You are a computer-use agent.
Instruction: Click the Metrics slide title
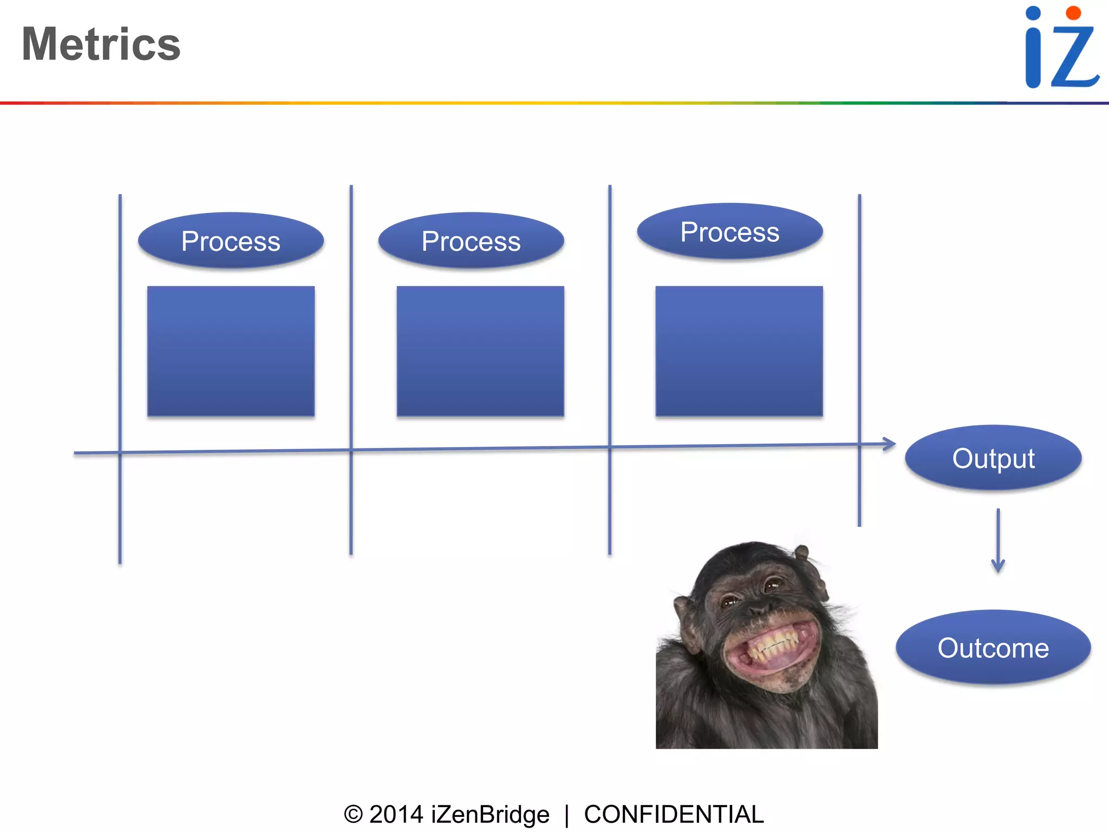101,44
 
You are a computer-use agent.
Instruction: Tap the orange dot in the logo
1073,13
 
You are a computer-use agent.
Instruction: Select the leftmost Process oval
231,240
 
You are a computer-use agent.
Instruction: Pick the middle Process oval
471,240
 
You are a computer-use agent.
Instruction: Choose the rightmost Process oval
730,231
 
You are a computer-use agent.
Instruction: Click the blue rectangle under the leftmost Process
231,351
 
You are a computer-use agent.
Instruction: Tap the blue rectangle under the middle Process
480,351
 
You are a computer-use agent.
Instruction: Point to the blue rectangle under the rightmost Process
739,351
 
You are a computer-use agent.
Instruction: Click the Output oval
993,458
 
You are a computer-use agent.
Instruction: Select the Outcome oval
993,648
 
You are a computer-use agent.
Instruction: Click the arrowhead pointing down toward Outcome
998,567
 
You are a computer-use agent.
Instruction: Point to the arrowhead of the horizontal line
890,444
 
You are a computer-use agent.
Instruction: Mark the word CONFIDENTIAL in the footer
674,814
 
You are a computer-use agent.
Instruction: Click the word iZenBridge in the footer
490,814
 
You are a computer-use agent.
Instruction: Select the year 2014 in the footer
396,814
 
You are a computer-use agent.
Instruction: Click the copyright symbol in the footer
353,814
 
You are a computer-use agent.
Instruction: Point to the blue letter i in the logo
1033,49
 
